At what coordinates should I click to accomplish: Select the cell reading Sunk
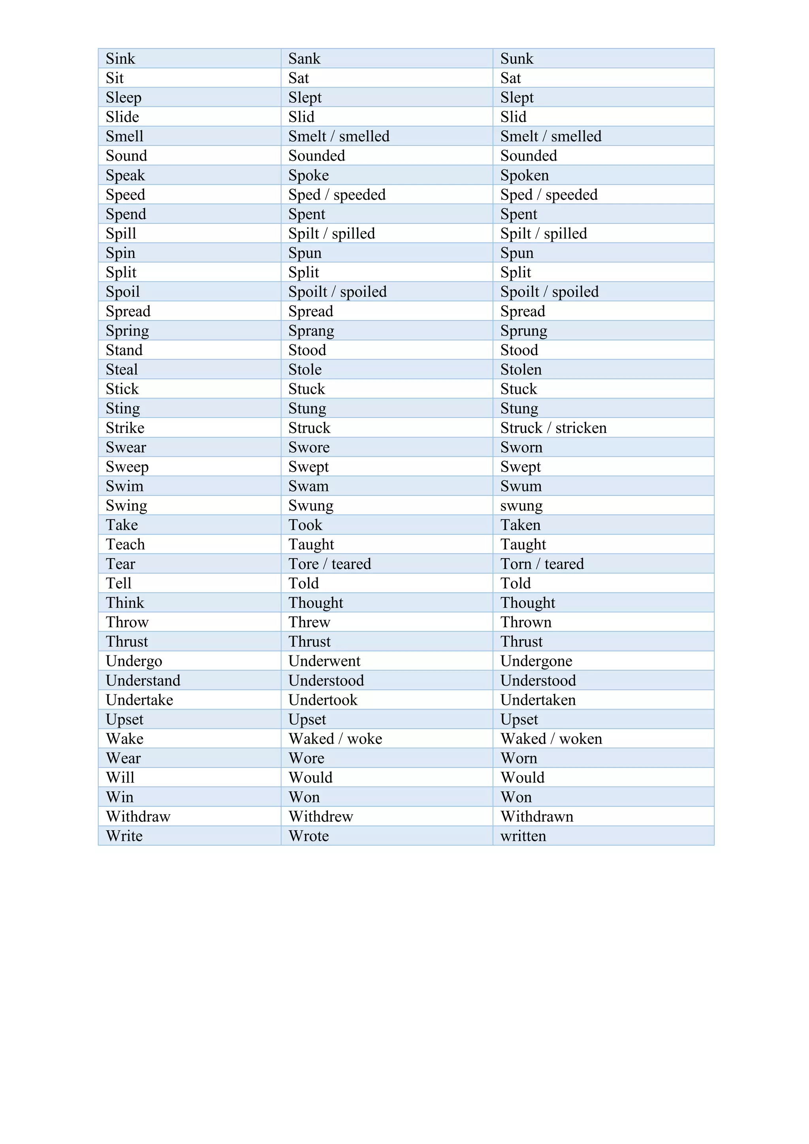click(517, 59)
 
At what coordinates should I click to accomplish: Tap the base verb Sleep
click(124, 98)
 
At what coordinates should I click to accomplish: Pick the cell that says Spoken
click(525, 175)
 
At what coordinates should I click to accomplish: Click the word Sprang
click(311, 331)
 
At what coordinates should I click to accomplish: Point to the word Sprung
click(523, 331)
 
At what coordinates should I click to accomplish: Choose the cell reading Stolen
click(521, 370)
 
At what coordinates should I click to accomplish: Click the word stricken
click(581, 428)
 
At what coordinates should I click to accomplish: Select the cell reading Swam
click(309, 486)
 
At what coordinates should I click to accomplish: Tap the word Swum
click(521, 486)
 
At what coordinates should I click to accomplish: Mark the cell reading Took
click(305, 525)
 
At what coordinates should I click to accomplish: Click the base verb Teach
click(125, 545)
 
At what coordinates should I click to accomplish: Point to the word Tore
click(303, 564)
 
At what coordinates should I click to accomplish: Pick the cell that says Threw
click(309, 622)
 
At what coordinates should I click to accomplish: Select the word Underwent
click(324, 661)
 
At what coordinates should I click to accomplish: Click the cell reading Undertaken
click(538, 700)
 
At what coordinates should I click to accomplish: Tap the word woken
click(580, 739)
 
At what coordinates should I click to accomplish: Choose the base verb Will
click(120, 778)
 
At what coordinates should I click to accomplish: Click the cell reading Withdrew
click(321, 817)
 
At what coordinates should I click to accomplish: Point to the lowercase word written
click(523, 836)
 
